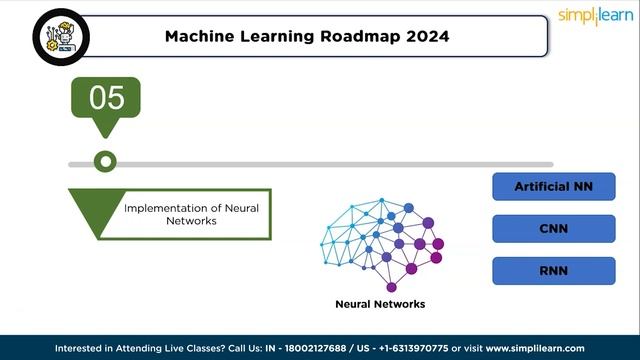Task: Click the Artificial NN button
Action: pyautogui.click(x=553, y=187)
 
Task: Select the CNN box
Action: pyautogui.click(x=553, y=229)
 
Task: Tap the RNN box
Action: pyautogui.click(x=553, y=271)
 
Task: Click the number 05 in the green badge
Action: pyautogui.click(x=107, y=98)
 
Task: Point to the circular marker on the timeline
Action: pyautogui.click(x=104, y=162)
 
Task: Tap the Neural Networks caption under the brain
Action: pyautogui.click(x=380, y=304)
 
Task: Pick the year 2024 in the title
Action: pyautogui.click(x=428, y=36)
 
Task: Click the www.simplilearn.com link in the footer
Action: pyautogui.click(x=535, y=349)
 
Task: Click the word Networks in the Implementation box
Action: pyautogui.click(x=190, y=221)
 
